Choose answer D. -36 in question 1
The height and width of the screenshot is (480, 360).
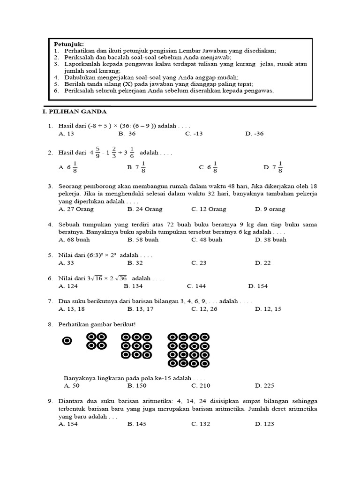[x=255, y=134]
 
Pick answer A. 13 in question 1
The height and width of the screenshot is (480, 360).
[x=67, y=134]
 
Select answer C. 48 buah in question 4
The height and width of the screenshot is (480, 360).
[x=207, y=240]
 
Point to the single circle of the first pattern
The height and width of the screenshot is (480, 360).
[x=67, y=341]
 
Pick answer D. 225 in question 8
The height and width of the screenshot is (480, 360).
[x=264, y=386]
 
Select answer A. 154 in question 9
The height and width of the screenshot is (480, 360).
[x=68, y=424]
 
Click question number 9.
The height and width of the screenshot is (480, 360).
[x=50, y=401]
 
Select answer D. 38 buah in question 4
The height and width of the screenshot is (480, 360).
[x=270, y=240]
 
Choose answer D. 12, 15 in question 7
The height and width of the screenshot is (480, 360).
[x=268, y=309]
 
